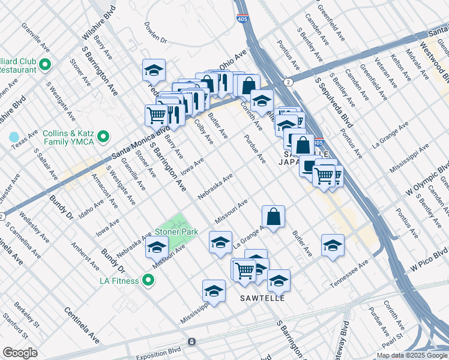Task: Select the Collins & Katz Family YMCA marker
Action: tap(103, 137)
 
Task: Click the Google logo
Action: tap(20, 353)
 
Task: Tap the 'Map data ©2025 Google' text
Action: tap(412, 355)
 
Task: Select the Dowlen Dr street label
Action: tap(155, 33)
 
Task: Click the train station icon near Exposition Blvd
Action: tap(191, 341)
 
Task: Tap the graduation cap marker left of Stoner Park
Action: tap(157, 247)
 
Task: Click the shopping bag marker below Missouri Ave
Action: tap(273, 217)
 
